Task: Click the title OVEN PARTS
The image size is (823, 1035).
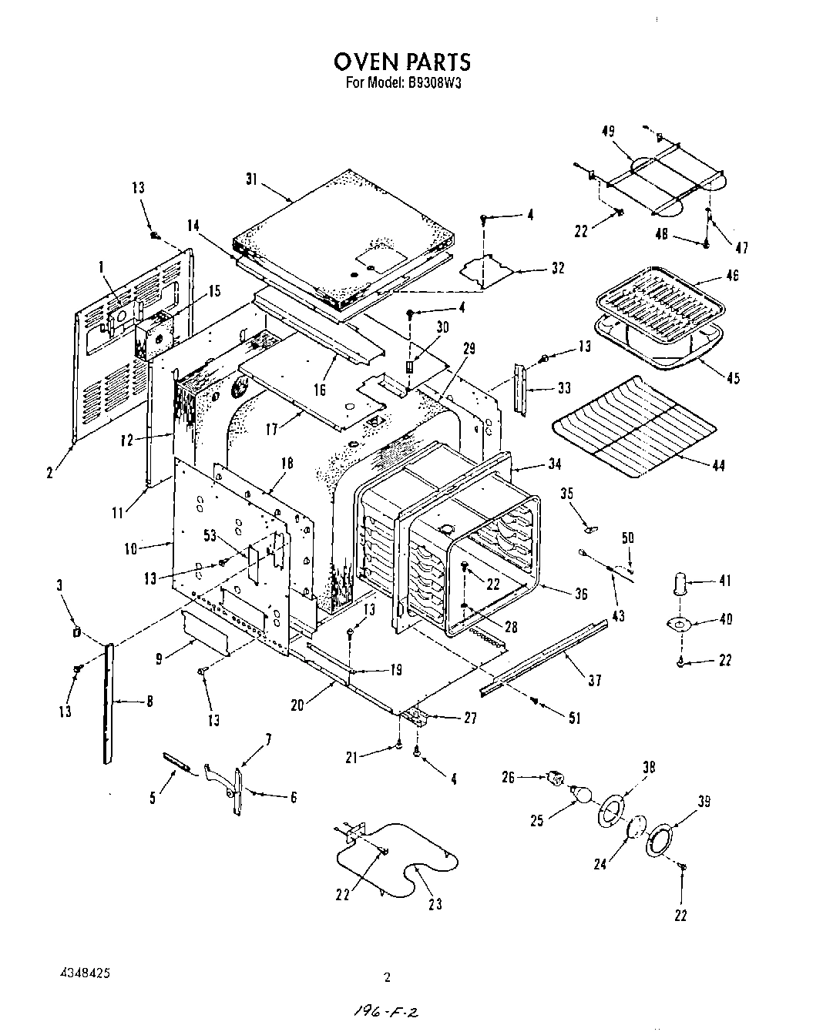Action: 401,61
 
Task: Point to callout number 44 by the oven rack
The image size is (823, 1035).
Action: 718,465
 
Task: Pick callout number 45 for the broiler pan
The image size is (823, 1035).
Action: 734,378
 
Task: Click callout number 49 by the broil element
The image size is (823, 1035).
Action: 608,131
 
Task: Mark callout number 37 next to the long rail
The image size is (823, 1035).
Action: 594,681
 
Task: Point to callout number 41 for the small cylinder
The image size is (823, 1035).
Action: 724,581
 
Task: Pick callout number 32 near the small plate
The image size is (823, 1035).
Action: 558,268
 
